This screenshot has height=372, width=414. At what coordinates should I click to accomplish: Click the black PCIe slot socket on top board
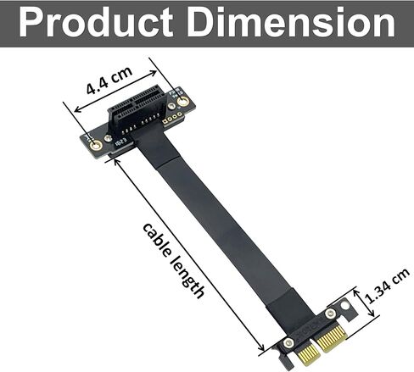(137, 118)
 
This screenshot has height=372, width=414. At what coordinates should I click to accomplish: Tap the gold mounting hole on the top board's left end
(97, 145)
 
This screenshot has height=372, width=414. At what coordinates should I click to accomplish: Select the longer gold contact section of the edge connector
(327, 347)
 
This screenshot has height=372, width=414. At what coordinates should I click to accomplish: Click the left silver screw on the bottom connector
(289, 343)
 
